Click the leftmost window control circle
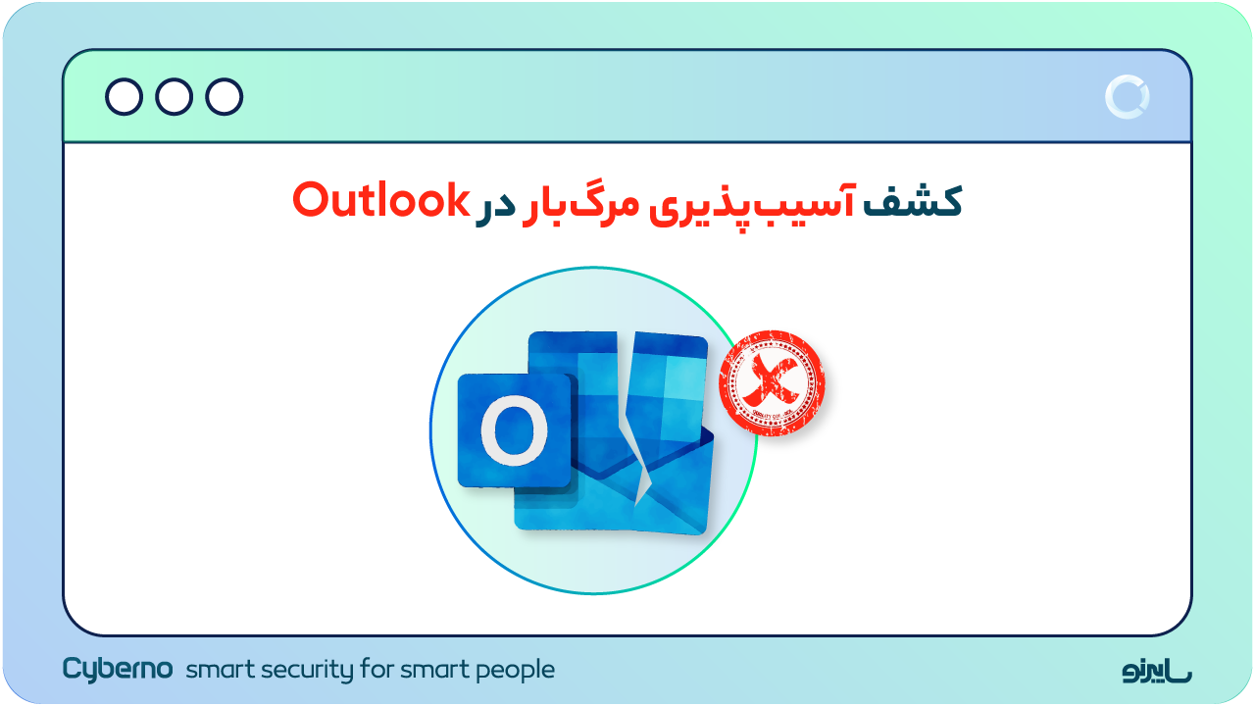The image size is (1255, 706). coord(124,97)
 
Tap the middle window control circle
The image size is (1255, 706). coord(174,97)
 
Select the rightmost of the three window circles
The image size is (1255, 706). coord(225,97)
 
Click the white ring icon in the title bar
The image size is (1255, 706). coord(1127,97)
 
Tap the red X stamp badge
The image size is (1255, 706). coord(772,383)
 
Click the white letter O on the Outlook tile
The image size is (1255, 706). coord(514,432)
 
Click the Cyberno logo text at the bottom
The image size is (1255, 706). coord(118,670)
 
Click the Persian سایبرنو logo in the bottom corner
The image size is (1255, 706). coord(1157,671)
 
